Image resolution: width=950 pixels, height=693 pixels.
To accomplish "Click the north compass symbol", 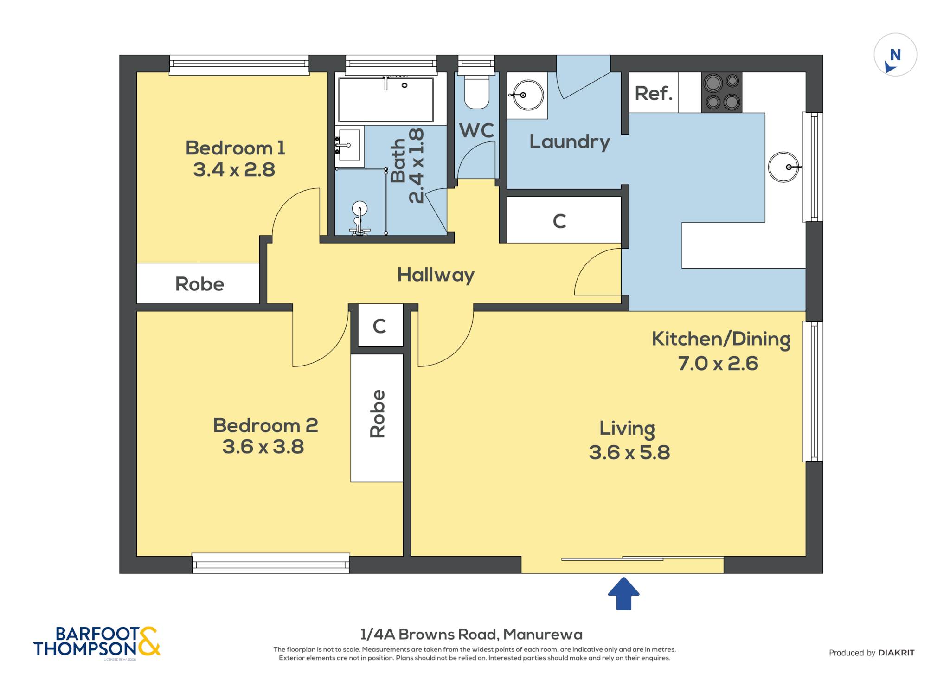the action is tap(895, 55).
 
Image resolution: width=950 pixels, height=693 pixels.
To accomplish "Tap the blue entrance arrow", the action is tap(624, 593).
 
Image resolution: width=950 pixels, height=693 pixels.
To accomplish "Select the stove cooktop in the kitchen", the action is tap(722, 92).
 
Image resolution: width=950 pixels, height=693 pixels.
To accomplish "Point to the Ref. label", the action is tap(653, 93).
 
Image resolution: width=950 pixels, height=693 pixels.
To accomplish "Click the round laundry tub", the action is tap(527, 95).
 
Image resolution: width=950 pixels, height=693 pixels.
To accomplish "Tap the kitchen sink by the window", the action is tap(784, 167).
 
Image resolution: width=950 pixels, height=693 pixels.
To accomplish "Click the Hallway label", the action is tap(436, 275).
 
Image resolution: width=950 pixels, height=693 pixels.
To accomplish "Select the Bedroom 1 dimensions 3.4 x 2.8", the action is tap(234, 170).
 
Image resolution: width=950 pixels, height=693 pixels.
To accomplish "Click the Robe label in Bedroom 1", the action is tap(199, 284).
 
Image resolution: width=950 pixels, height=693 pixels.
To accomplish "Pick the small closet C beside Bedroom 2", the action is tap(379, 326).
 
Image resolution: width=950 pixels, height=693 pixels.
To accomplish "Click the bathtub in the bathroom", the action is tap(386, 100).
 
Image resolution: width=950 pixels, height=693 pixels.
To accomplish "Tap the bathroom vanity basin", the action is tap(349, 145).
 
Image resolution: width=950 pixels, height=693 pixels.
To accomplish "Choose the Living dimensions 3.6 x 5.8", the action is tap(629, 452).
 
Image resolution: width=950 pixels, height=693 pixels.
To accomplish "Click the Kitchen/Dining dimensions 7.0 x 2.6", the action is tap(718, 363).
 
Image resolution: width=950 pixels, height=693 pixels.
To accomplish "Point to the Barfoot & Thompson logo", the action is tap(97, 642).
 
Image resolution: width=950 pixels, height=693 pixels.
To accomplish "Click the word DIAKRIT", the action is tap(897, 653).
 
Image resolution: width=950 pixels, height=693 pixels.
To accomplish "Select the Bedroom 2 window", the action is tap(271, 563).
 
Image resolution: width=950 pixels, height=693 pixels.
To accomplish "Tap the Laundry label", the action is tap(570, 141).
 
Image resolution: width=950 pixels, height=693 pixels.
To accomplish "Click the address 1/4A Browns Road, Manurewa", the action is tap(471, 634).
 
